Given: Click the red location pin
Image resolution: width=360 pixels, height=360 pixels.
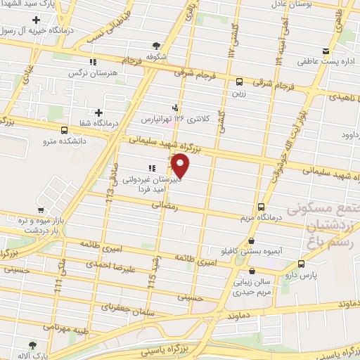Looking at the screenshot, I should (x=181, y=167).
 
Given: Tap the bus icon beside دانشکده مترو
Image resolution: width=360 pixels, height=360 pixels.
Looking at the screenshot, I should (x=65, y=130).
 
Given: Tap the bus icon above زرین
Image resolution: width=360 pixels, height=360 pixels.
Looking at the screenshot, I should (x=240, y=81).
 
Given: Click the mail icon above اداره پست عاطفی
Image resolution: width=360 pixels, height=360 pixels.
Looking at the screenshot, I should (x=324, y=51).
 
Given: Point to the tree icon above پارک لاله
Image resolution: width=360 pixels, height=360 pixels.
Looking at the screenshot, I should (x=30, y=345).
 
